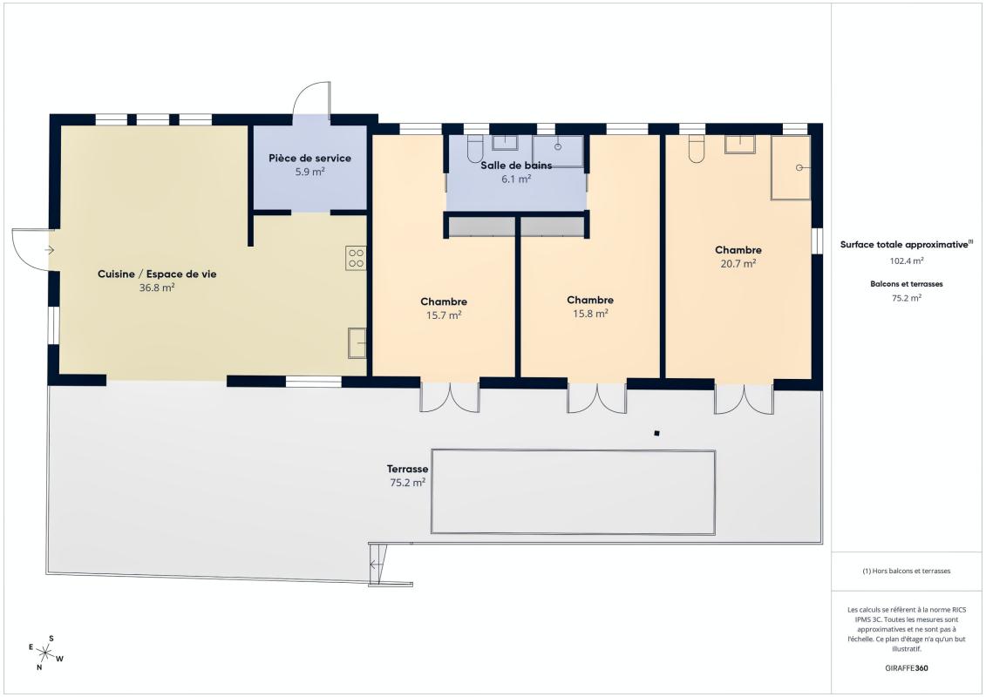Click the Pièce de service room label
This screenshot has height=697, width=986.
pyautogui.click(x=310, y=159)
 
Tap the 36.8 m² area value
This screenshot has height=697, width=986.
pyautogui.click(x=157, y=288)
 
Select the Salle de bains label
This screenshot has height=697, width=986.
pyautogui.click(x=516, y=166)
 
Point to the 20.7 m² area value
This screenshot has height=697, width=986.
pyautogui.click(x=738, y=264)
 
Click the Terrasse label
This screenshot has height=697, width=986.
pyautogui.click(x=407, y=469)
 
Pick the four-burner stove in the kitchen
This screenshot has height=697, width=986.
pyautogui.click(x=356, y=258)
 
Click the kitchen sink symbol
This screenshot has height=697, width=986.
pyautogui.click(x=357, y=343)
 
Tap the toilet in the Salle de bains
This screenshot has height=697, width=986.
pyautogui.click(x=475, y=148)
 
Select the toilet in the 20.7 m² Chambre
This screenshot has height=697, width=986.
pyautogui.click(x=696, y=149)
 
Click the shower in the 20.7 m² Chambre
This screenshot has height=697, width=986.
pyautogui.click(x=791, y=168)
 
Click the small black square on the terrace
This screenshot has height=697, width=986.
pyautogui.click(x=656, y=433)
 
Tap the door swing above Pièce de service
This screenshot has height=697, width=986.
pyautogui.click(x=311, y=98)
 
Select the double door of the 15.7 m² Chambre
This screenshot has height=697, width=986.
pyautogui.click(x=450, y=397)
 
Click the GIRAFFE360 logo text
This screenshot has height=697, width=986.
pyautogui.click(x=906, y=668)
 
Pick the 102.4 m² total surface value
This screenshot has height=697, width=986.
pyautogui.click(x=906, y=261)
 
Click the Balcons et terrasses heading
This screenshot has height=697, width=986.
pyautogui.click(x=906, y=284)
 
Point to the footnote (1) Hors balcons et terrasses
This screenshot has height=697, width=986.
pyautogui.click(x=906, y=572)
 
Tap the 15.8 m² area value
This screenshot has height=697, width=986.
pyautogui.click(x=590, y=314)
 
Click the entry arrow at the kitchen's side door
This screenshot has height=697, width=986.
pyautogui.click(x=50, y=250)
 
